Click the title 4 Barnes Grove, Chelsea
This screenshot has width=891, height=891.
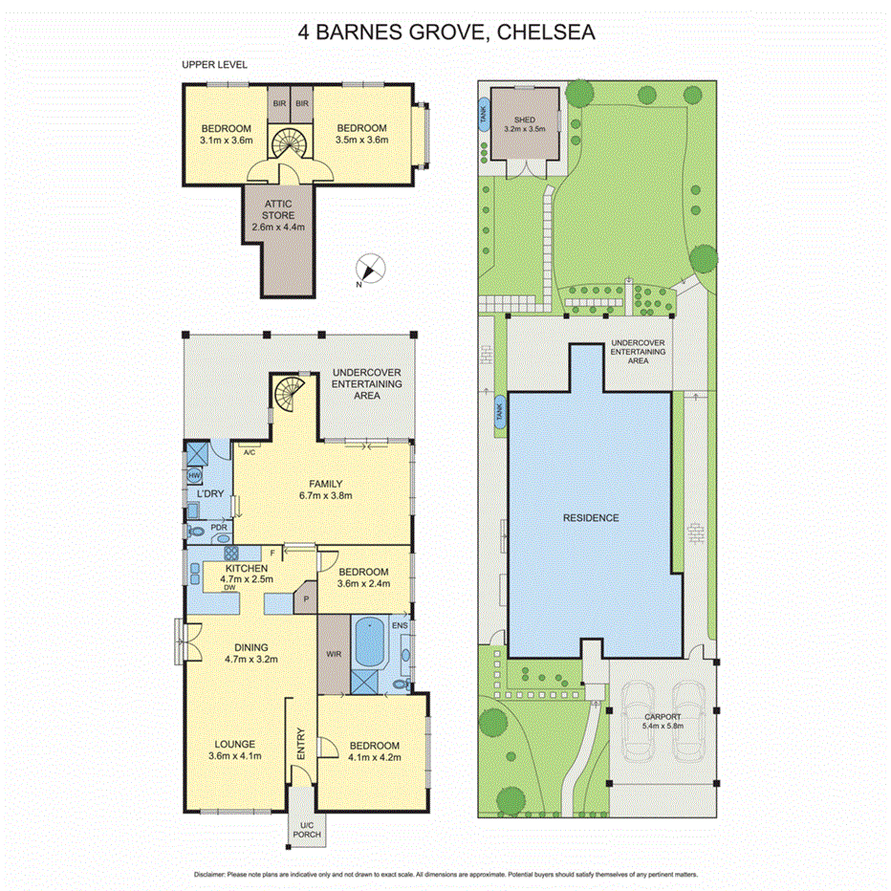pos(445,33)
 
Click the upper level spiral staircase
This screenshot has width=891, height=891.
pos(289,144)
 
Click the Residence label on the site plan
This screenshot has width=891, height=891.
pos(591,517)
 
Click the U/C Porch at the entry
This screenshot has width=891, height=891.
pos(307,830)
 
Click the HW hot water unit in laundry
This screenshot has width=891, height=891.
pos(194,475)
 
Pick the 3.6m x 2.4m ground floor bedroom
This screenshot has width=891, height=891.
pos(364,577)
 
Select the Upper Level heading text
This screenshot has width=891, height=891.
pos(214,65)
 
